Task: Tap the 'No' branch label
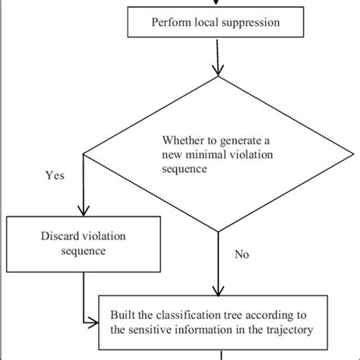(242, 254)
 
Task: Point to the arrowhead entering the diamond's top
(219, 71)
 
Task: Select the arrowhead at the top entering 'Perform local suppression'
(218, 3)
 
